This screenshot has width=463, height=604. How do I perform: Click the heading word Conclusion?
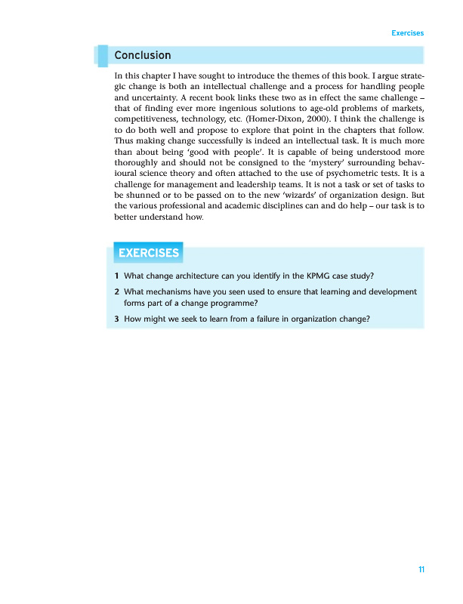click(x=143, y=56)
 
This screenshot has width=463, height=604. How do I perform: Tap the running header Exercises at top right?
click(x=408, y=33)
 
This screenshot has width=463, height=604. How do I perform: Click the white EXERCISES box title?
click(x=149, y=253)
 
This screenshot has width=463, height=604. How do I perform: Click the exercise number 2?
click(x=117, y=291)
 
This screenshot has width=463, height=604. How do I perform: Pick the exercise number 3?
click(x=117, y=319)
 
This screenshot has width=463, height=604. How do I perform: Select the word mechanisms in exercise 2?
click(x=171, y=291)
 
